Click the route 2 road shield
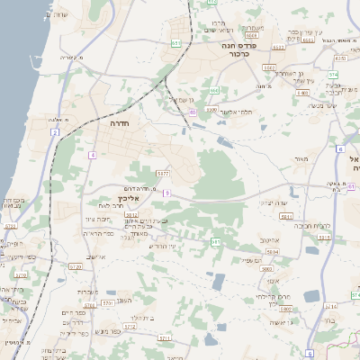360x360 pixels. click(55, 132)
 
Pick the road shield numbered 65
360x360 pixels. click(193, 112)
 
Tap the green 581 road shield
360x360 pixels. click(215, 242)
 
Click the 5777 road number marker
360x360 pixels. click(162, 172)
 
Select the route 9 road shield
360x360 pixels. click(167, 193)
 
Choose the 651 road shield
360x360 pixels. click(176, 42)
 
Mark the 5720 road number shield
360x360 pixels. click(10, 227)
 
